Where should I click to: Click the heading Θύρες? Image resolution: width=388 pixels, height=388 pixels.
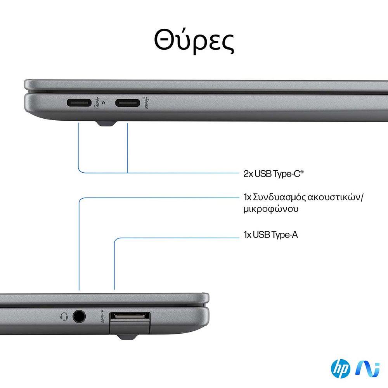(x=194, y=40)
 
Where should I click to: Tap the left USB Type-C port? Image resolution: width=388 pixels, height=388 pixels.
(x=79, y=103)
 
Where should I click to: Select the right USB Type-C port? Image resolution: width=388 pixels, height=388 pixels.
(x=127, y=103)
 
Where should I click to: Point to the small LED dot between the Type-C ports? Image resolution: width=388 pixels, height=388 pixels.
(x=103, y=102)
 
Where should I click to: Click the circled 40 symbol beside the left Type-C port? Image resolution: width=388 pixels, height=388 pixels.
(x=97, y=103)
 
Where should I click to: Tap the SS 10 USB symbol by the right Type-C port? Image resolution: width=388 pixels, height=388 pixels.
(x=147, y=103)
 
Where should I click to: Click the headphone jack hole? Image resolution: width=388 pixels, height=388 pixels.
(x=79, y=317)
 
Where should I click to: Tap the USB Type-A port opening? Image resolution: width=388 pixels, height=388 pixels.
(x=130, y=316)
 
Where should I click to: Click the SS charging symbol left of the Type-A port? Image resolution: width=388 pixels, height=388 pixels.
(x=103, y=317)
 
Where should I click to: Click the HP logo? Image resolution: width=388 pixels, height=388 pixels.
(x=340, y=369)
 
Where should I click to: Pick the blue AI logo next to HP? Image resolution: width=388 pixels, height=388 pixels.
(x=367, y=369)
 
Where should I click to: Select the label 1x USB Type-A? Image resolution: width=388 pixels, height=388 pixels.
(x=271, y=235)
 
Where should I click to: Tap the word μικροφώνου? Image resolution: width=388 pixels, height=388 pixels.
(x=271, y=209)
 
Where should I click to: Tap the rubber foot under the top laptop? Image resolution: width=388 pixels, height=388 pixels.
(x=107, y=123)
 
